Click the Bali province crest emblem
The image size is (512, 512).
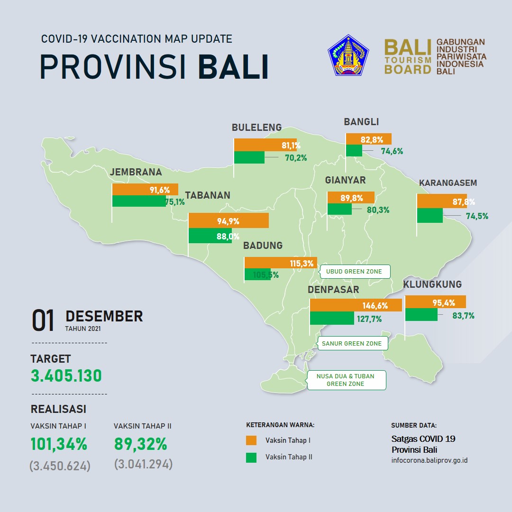pos(348,55)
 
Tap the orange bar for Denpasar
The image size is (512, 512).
pos(356,305)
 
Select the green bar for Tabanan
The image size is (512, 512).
pos(210,236)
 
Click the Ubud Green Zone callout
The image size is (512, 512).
pos(355,271)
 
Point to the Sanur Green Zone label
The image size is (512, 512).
pos(352,343)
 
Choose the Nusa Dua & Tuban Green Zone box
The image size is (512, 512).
pos(346,380)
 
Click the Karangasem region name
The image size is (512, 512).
pos(448,183)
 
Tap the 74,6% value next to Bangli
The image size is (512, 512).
pos(392,151)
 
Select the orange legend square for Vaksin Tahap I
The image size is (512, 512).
pos(251,440)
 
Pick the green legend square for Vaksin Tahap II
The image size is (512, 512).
pos(251,457)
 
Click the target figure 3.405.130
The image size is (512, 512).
pos(66,375)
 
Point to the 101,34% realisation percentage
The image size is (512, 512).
pos(59,444)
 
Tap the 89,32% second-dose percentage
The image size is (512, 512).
pos(141,444)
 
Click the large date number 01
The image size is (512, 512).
pos(43,320)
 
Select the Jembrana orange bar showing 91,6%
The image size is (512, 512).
pos(145,189)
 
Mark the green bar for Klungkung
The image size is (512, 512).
pos(421,314)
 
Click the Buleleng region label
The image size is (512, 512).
pos(256,128)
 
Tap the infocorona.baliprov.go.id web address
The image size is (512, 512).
pos(430,460)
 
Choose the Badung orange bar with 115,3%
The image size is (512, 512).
pos(281,263)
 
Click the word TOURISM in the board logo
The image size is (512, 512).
pos(408,60)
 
